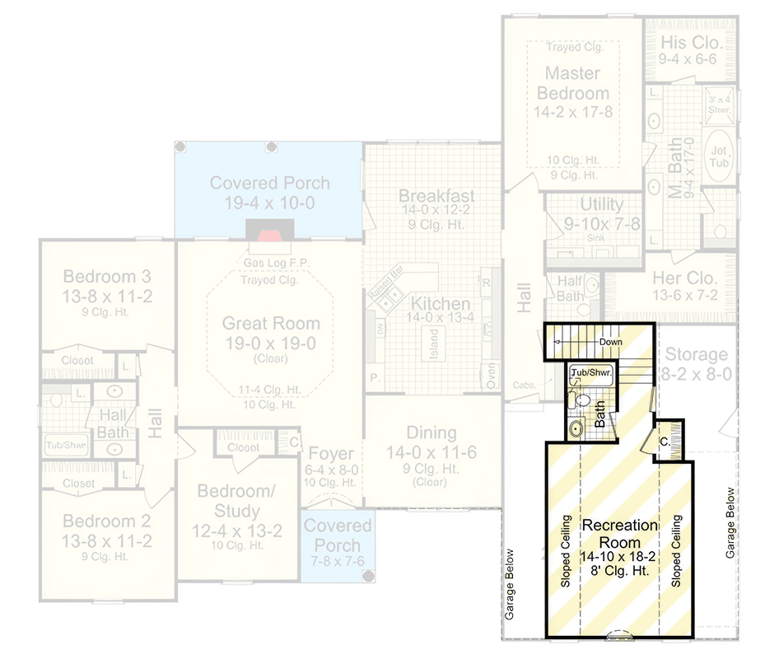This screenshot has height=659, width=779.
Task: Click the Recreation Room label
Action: (x=620, y=534)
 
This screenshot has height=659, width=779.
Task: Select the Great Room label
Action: (x=271, y=323)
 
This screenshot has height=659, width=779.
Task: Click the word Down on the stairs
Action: (x=610, y=342)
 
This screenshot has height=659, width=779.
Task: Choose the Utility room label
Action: (x=602, y=204)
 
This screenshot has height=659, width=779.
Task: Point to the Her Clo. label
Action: (x=685, y=278)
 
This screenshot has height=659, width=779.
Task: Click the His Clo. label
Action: (x=690, y=42)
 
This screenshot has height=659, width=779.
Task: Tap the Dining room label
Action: (x=431, y=433)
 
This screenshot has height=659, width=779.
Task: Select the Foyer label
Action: (x=331, y=454)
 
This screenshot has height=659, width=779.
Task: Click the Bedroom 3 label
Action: (x=108, y=275)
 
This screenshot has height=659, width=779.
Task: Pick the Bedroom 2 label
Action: (x=108, y=521)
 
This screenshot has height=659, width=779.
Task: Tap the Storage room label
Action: (x=696, y=355)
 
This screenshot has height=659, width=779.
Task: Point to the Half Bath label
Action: (x=570, y=288)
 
